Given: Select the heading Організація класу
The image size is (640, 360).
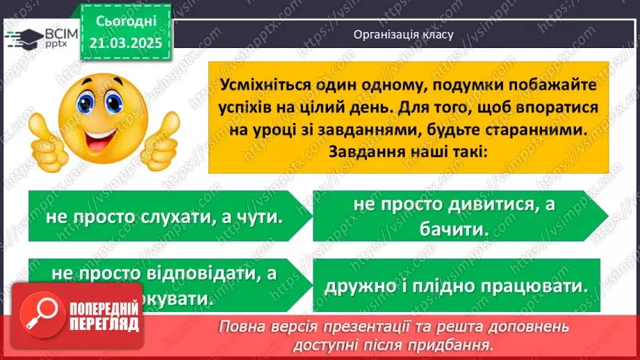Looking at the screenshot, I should click(x=403, y=34).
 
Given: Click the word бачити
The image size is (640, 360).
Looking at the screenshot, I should click(x=457, y=228).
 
